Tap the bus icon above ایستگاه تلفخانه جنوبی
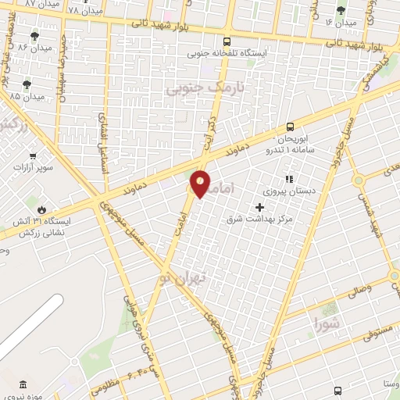[227, 41]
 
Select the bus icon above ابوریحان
[290, 126]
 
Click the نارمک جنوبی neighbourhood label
[205, 90]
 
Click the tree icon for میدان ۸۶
[34, 36]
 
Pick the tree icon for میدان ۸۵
[27, 84]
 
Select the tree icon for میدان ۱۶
[339, 10]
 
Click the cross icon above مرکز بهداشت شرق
[260, 207]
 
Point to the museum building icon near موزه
[21, 385]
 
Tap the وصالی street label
[356, 291]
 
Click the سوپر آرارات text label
[32, 168]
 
